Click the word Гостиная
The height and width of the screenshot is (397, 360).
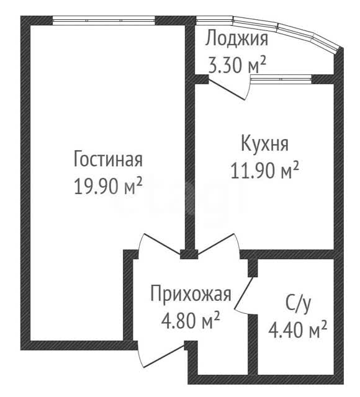(108, 159)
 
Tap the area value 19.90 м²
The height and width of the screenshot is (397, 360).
(107, 186)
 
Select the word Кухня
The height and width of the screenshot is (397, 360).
(265, 143)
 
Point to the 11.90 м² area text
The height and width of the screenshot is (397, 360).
(265, 170)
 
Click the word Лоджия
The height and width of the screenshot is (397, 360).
(236, 38)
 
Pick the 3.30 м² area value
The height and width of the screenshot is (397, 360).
(237, 65)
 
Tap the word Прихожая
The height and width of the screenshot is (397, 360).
(191, 293)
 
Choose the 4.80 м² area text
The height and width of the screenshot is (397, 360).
(191, 320)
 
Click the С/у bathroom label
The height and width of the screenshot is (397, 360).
(298, 304)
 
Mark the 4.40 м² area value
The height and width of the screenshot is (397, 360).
(298, 330)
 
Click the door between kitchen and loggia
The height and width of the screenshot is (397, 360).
(227, 89)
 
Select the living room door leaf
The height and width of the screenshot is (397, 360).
(161, 244)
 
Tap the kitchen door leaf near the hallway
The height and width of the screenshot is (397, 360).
(215, 244)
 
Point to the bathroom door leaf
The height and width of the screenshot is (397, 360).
(244, 293)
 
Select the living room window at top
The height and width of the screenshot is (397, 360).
(104, 20)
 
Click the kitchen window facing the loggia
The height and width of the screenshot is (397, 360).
(281, 79)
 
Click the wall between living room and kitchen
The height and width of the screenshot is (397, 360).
(190, 136)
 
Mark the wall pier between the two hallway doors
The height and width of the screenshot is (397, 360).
(189, 254)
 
